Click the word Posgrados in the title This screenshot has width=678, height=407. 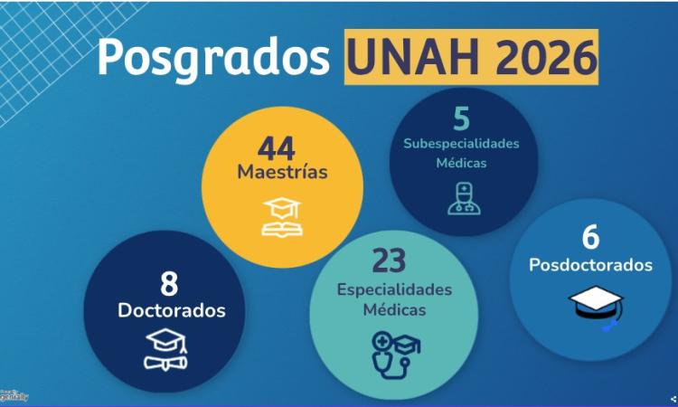[213, 57]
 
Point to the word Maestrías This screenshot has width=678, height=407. [282, 171]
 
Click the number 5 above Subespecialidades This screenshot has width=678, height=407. [462, 119]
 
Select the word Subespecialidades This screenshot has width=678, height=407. [462, 145]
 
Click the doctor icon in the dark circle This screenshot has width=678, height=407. [463, 198]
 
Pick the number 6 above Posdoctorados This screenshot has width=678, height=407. [590, 237]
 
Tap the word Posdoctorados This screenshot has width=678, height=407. [590, 265]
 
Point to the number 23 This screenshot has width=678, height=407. [389, 260]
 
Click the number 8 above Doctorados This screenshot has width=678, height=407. [169, 284]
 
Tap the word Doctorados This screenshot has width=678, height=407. [171, 310]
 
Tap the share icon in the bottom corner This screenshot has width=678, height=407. [673, 398]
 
